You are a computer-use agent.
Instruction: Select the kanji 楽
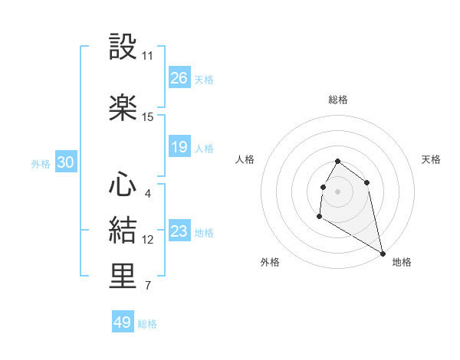(x=123, y=106)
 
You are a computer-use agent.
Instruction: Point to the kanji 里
(x=123, y=277)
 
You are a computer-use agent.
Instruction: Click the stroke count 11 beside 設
(x=148, y=56)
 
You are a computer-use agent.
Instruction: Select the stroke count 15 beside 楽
(x=148, y=117)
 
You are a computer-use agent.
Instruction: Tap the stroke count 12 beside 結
(x=148, y=240)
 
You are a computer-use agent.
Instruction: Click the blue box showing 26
(x=179, y=78)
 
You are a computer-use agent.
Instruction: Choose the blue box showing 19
(x=179, y=147)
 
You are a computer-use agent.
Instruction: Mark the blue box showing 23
(x=179, y=231)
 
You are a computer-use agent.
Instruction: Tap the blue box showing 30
(x=65, y=163)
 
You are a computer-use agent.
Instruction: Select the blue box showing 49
(x=122, y=322)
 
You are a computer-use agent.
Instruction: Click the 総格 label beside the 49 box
(x=147, y=324)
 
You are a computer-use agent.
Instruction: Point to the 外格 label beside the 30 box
(x=41, y=164)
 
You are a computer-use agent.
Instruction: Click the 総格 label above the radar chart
(x=337, y=100)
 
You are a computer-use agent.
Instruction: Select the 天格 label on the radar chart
(x=431, y=159)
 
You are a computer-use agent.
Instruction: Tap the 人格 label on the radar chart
(x=245, y=159)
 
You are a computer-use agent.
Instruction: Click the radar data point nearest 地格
(x=383, y=254)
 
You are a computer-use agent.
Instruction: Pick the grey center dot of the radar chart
(x=337, y=190)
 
